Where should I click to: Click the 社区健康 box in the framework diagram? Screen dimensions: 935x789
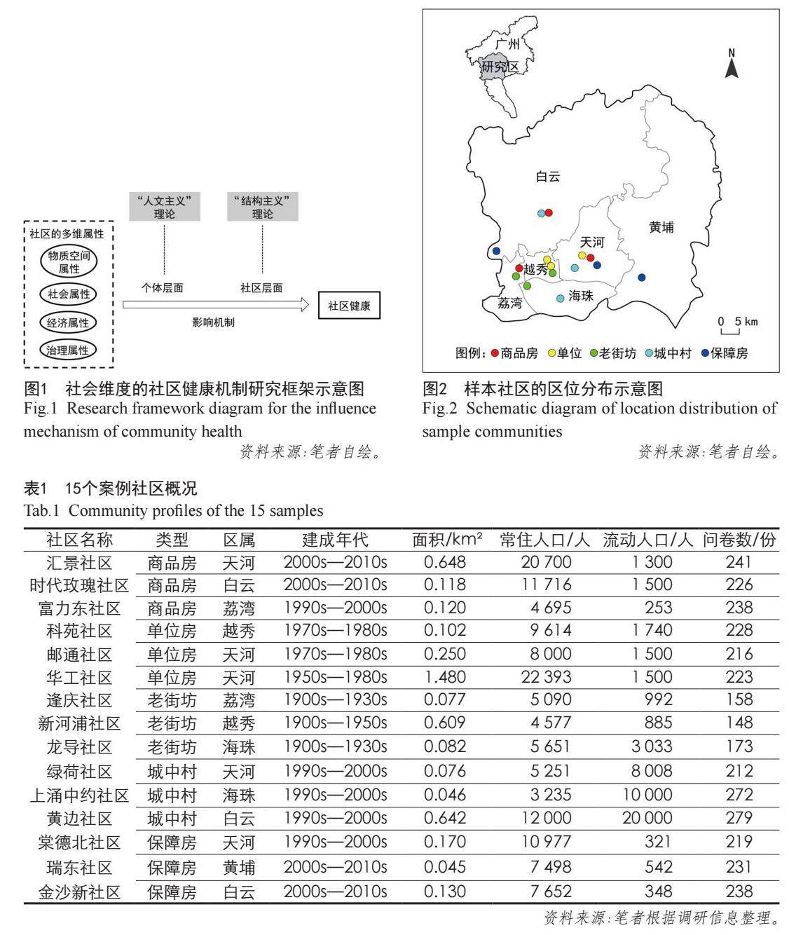coord(349,306)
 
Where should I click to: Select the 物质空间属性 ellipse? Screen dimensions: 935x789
coord(69,261)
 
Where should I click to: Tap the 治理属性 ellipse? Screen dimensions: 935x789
coord(67,350)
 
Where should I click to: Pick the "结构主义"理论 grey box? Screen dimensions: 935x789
coord(263,207)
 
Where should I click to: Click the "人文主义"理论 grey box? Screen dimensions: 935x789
coord(165,207)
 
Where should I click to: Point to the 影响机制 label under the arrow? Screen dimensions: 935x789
coord(213,322)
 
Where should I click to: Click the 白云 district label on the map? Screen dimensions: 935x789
coord(547,177)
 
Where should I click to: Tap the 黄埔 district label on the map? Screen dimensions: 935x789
coord(661,227)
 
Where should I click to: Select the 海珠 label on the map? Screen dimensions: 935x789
coord(581,296)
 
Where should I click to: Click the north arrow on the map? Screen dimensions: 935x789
coord(732,64)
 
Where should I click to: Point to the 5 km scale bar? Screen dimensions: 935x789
coord(729,325)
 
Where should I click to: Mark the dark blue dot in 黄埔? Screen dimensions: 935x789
coord(641,278)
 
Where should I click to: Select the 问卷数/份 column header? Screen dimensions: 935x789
coord(739,540)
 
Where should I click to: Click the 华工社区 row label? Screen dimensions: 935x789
coord(79,678)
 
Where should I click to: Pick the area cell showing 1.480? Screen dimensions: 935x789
coord(445,677)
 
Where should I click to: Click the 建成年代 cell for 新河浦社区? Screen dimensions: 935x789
coord(335,723)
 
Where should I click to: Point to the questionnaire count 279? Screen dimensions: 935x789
coord(739,818)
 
